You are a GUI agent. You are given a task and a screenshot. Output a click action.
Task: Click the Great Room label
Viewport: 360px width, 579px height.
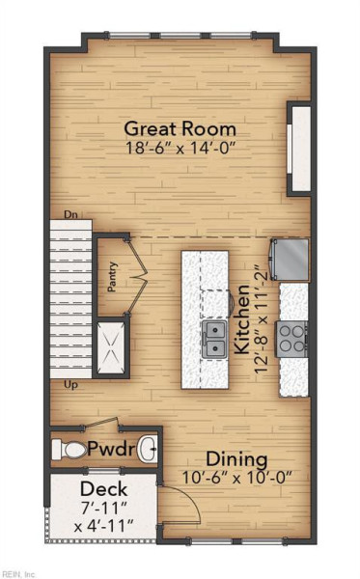tap(180, 129)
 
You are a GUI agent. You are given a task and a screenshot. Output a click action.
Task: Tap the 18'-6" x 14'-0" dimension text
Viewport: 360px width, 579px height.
tap(180, 148)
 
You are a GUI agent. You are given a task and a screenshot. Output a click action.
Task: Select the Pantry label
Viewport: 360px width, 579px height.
tap(112, 277)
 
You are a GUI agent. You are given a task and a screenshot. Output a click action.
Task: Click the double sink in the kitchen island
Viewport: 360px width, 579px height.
tap(214, 339)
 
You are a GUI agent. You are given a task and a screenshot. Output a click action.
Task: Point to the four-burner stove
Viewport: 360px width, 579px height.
tap(291, 339)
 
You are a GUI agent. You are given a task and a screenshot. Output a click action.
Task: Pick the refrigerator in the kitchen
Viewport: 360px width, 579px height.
tap(291, 259)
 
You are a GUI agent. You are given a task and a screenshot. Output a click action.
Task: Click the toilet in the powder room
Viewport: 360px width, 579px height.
tap(69, 450)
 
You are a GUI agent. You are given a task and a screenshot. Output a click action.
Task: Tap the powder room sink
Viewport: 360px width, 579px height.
tap(148, 450)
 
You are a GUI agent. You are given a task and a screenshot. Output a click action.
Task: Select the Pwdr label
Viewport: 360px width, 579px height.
tap(112, 450)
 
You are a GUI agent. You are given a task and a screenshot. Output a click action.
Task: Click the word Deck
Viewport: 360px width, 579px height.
tap(104, 489)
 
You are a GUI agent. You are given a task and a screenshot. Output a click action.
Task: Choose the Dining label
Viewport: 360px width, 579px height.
tap(236, 459)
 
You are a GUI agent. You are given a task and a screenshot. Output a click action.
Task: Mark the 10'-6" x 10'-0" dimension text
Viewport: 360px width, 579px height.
tap(237, 477)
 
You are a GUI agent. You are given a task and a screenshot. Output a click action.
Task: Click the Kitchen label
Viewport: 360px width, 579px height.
tap(242, 319)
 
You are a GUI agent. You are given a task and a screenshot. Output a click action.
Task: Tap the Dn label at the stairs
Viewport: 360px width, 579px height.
tap(70, 214)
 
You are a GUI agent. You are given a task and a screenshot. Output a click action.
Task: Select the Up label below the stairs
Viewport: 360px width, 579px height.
tap(70, 385)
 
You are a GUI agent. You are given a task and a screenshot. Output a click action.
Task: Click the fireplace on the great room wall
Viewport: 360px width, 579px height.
tap(299, 149)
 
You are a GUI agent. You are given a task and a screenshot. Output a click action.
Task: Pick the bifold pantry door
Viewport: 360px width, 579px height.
tap(137, 276)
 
